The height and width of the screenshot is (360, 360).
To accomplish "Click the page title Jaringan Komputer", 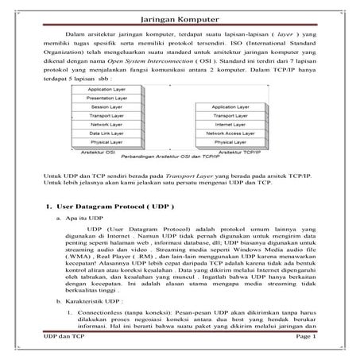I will pyautogui.click(x=180, y=14).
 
